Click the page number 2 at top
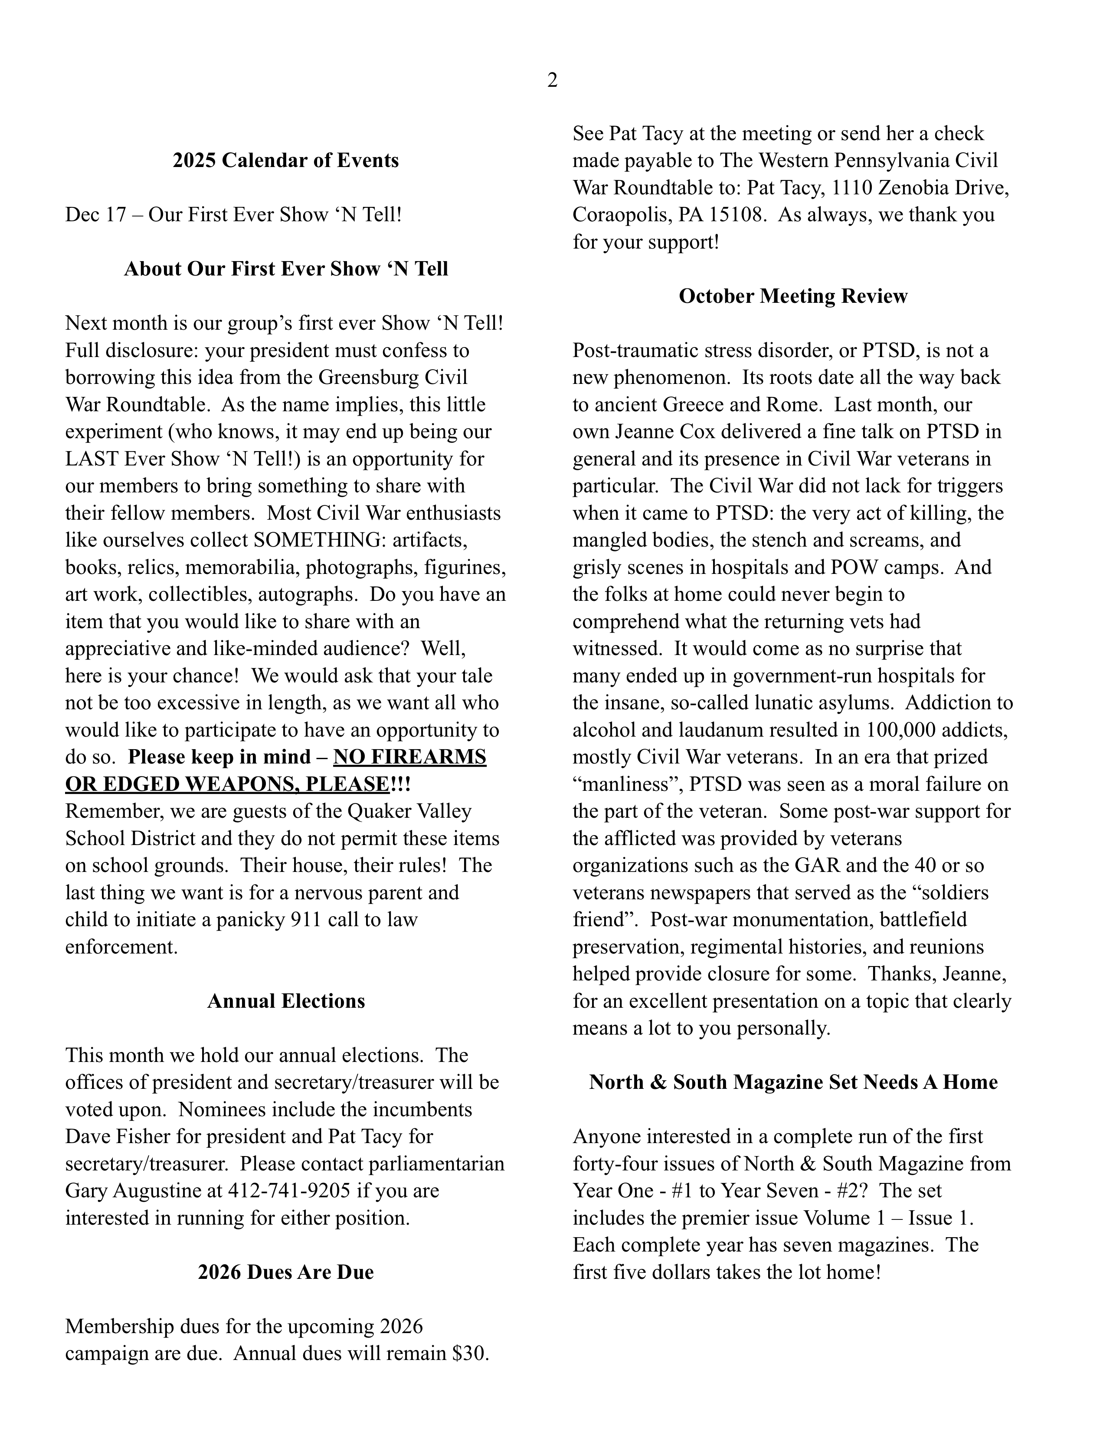click(552, 81)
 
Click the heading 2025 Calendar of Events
click(285, 161)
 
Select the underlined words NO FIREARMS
click(410, 757)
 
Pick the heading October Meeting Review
click(792, 296)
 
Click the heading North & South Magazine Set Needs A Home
click(792, 1082)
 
